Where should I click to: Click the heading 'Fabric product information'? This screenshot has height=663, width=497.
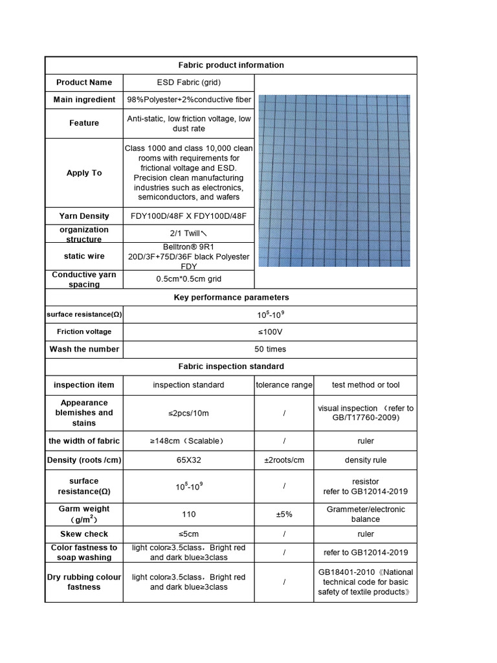coord(230,65)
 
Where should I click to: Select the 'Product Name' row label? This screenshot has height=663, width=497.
coord(84,82)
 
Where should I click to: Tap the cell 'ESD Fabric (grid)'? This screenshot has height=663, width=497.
coord(188,82)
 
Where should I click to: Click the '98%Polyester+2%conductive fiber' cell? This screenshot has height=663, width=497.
coord(188,100)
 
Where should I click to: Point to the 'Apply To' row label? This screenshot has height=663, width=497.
coord(84,173)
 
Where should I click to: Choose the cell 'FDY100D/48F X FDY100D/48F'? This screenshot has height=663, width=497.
coord(188,216)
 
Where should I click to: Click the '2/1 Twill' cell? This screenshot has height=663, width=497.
coord(188,234)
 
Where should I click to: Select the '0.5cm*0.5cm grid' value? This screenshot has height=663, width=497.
coord(188,279)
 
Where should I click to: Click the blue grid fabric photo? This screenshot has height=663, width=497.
coord(335,181)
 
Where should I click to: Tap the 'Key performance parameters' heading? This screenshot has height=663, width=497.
coord(230,297)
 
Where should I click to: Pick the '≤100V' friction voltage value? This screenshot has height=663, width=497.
coord(270,331)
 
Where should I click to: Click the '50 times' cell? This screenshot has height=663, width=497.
coord(270,349)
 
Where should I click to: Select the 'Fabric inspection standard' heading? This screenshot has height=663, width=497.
coord(230,366)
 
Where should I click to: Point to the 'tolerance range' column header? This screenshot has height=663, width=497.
coord(284,385)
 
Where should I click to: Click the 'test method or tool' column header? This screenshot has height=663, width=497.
coord(366,385)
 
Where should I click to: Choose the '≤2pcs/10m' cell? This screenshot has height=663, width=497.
coord(188,413)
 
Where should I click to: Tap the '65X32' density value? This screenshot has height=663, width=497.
coord(188,460)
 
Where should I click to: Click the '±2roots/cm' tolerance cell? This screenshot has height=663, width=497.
coord(284,460)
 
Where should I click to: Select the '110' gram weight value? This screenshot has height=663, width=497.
coord(188,514)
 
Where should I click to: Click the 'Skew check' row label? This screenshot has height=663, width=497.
coord(84,534)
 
